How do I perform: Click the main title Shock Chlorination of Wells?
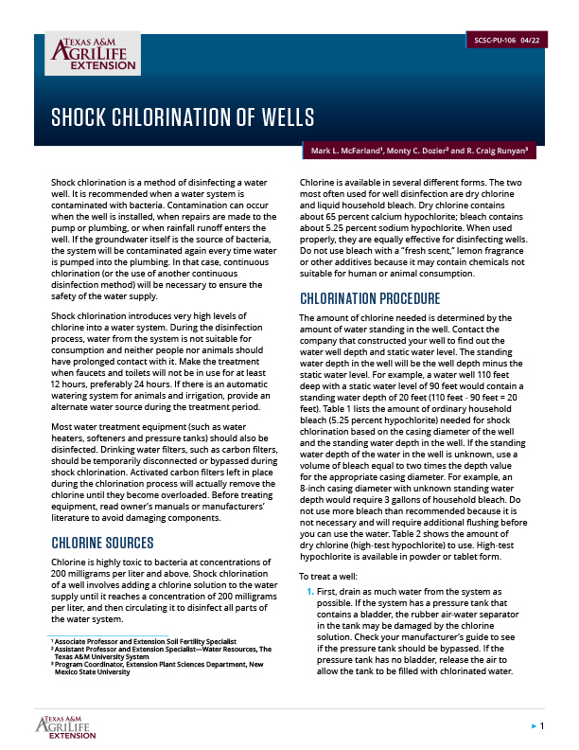click(x=183, y=118)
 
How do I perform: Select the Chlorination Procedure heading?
click(x=370, y=299)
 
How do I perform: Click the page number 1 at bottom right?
click(x=541, y=726)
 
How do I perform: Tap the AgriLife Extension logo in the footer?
click(x=67, y=726)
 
